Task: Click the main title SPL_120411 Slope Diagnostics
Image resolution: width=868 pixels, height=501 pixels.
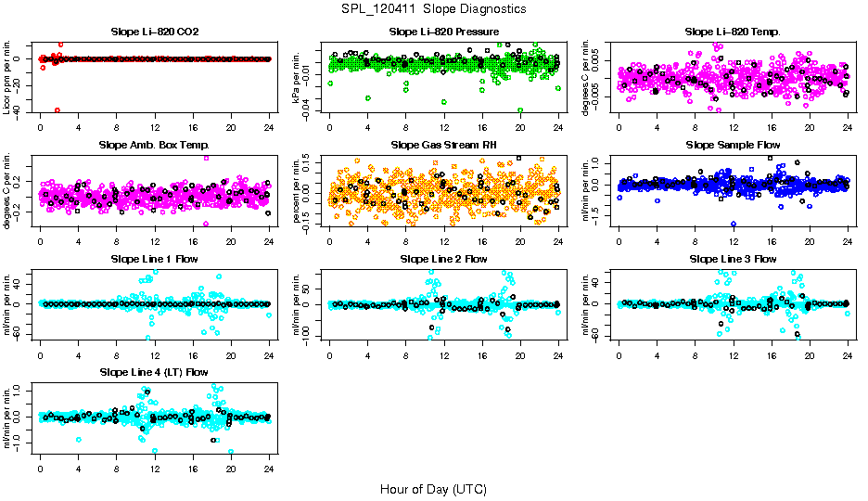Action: pos(433,8)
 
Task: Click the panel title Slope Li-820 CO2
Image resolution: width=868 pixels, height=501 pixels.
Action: pos(154,32)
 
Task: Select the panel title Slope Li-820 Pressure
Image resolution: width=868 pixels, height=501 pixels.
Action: pos(444,32)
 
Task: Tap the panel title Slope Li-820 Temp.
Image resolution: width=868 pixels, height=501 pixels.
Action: pos(733,32)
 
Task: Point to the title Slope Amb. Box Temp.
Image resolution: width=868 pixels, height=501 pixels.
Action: pos(154,145)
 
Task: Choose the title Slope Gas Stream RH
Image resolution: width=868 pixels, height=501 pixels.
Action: pos(444,145)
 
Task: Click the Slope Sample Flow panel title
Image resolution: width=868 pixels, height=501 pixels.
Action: pos(733,145)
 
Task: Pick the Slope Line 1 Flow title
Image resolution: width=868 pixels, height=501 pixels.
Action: pos(154,258)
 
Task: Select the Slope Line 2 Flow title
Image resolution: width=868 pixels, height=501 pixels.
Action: pos(444,258)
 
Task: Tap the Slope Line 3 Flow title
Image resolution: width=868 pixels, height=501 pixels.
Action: pos(733,258)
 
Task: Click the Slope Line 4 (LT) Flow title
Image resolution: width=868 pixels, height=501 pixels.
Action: pos(154,372)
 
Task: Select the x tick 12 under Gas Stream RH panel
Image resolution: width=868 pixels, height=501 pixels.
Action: pos(444,242)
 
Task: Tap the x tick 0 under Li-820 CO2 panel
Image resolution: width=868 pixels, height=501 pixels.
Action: pos(41,128)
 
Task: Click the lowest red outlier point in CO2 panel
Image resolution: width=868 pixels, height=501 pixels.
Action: pos(57,109)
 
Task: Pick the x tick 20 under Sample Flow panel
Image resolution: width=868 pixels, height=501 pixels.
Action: pos(810,242)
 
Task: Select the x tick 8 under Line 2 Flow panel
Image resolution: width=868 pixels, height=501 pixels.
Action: pos(406,355)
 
